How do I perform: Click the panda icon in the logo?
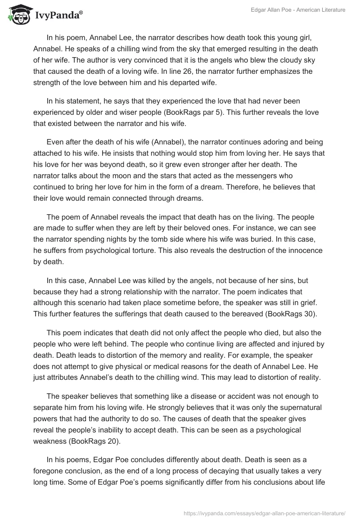coord(17,14)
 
